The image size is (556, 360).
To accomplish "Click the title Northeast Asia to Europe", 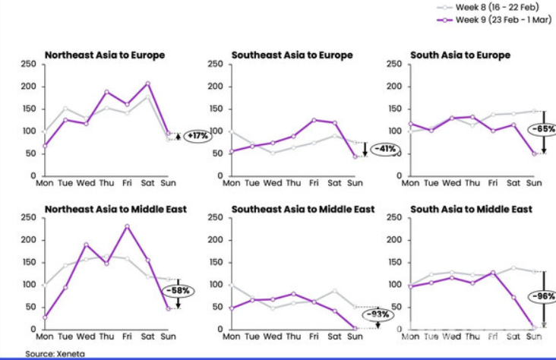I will pyautogui.click(x=105, y=55).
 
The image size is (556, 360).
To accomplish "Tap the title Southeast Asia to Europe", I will pyautogui.click(x=292, y=55).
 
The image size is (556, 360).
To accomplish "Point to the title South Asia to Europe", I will pyautogui.click(x=460, y=55).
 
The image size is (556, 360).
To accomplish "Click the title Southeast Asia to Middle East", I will pyautogui.click(x=303, y=209).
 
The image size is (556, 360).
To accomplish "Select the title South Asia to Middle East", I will pyautogui.click(x=472, y=209).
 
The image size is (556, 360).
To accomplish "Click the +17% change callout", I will pyautogui.click(x=197, y=136).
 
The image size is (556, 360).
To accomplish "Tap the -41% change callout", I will pyautogui.click(x=385, y=149).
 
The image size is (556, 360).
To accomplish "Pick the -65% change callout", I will pyautogui.click(x=542, y=129).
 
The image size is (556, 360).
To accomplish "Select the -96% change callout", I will pyautogui.click(x=542, y=296).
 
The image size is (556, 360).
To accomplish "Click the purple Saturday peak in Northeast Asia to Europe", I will pyautogui.click(x=148, y=84).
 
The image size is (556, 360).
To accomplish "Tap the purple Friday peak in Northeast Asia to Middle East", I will pyautogui.click(x=128, y=226).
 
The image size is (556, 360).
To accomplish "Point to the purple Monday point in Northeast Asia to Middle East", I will pyautogui.click(x=45, y=317).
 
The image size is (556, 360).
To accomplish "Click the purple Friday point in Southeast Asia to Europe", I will pyautogui.click(x=314, y=120).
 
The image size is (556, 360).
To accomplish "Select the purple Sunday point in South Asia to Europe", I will pyautogui.click(x=534, y=153).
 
